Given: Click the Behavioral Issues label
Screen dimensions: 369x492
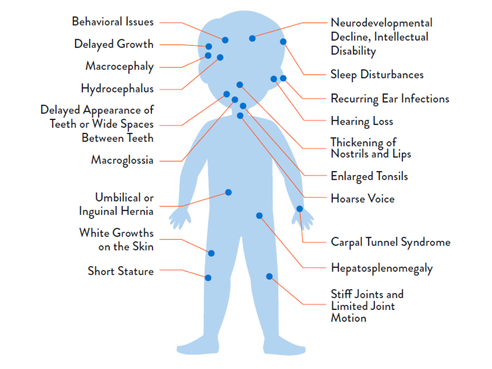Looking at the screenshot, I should [113, 22].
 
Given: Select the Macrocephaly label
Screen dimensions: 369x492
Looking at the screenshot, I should [119, 66].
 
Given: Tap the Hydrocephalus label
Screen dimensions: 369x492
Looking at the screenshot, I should [117, 89].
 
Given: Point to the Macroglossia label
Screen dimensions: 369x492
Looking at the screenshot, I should [122, 160].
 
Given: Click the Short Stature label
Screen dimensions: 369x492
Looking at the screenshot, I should [120, 271].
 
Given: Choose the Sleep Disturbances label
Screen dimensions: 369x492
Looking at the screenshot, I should [377, 75].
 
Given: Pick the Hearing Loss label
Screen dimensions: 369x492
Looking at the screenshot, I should [362, 121].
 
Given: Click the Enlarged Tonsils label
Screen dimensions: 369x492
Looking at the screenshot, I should [369, 176].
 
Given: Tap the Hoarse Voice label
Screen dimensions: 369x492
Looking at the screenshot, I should [363, 199].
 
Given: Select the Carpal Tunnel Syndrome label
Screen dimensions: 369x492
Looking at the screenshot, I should [391, 242].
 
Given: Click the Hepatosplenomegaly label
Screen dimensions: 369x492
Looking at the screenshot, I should [382, 268].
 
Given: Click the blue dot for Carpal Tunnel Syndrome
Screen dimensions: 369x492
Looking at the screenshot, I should [299, 209].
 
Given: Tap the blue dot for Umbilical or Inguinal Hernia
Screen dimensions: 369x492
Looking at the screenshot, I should [228, 192].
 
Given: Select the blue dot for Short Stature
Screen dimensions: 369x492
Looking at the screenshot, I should [208, 278].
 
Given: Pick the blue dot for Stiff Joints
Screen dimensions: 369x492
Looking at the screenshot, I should [269, 277].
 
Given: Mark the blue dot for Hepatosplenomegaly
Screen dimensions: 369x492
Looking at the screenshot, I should [259, 215].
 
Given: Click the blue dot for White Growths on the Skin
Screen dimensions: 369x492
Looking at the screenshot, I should [211, 253].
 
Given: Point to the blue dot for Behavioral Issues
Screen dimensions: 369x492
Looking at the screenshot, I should [225, 40].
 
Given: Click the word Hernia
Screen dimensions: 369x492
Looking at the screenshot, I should [137, 211].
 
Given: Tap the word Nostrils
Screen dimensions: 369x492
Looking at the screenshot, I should [350, 154].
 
